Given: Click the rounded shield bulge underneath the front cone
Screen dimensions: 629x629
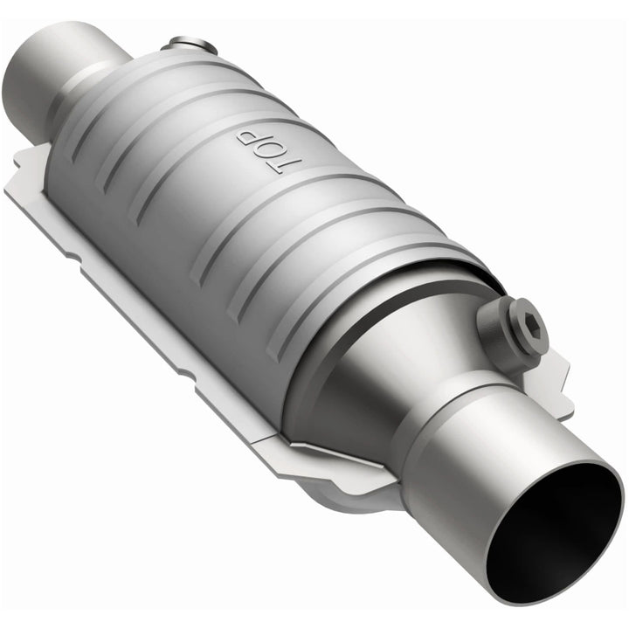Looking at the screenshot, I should [x=367, y=498].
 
